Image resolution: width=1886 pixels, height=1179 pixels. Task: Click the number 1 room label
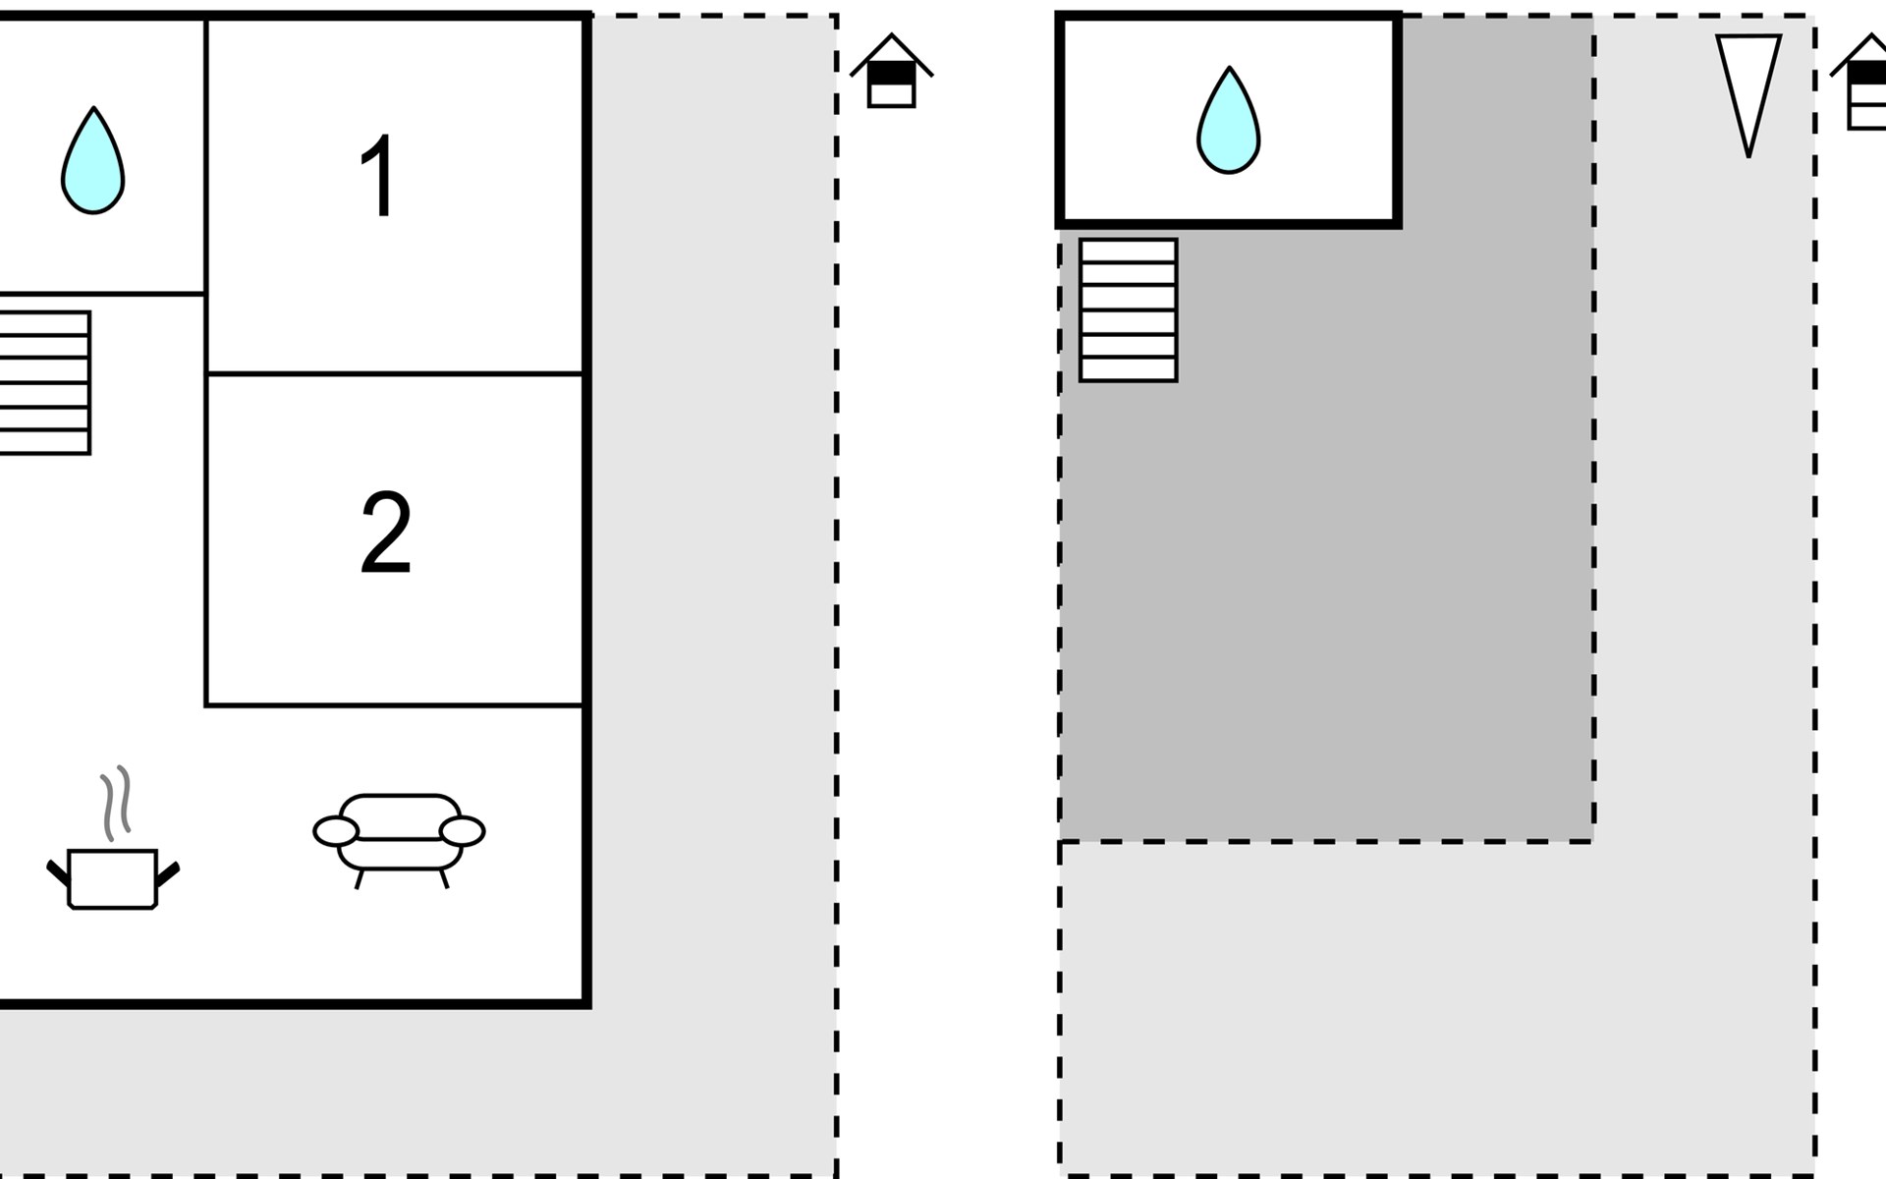(x=379, y=177)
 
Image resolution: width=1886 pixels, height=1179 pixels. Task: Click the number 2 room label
(x=385, y=533)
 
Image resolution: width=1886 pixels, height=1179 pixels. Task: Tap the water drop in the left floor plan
(x=93, y=161)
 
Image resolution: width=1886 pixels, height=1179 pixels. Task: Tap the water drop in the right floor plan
(x=1229, y=121)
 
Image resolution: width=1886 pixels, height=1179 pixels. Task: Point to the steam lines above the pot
(x=116, y=803)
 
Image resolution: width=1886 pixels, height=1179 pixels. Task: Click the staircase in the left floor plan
(x=44, y=383)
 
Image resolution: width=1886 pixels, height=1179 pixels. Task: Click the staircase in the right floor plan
(x=1129, y=310)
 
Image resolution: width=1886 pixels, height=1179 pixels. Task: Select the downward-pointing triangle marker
(x=1748, y=88)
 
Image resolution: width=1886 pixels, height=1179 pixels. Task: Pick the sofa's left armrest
(x=336, y=831)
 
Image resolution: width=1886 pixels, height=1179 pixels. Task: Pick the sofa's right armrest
(x=463, y=831)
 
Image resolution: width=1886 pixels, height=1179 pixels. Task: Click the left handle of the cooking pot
(x=58, y=872)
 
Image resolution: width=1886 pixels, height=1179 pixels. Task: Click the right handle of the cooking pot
(x=168, y=872)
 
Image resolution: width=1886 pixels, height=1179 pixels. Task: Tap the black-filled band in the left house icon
(x=892, y=74)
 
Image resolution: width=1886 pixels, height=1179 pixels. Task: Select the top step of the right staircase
(x=1129, y=251)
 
